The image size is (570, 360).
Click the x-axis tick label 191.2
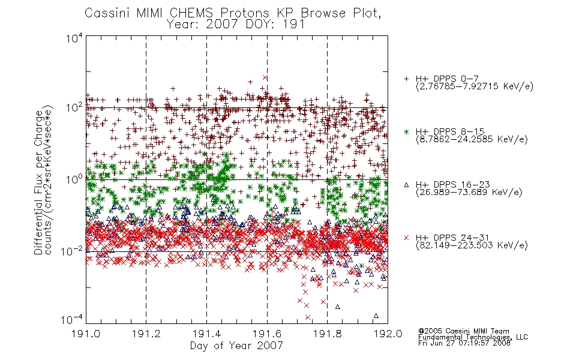pyautogui.click(x=146, y=333)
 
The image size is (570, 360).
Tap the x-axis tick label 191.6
pyautogui.click(x=267, y=333)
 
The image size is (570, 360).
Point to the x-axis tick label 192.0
pyautogui.click(x=388, y=333)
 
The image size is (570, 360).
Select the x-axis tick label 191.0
pyautogui.click(x=86, y=333)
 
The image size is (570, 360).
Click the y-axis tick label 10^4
pyautogui.click(x=74, y=38)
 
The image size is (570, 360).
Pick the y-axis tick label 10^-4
pyautogui.click(x=71, y=320)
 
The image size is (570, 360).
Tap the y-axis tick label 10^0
pyautogui.click(x=74, y=179)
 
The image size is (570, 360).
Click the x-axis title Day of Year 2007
pyautogui.click(x=236, y=345)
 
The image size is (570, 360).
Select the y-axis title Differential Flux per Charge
pyautogui.click(x=38, y=182)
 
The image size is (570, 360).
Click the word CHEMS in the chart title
pyautogui.click(x=191, y=13)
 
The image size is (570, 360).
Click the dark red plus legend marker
pyautogui.click(x=406, y=79)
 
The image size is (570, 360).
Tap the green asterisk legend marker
pyautogui.click(x=406, y=131)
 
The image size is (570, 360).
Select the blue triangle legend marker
pyautogui.click(x=406, y=185)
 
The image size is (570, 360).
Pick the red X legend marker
pyautogui.click(x=406, y=238)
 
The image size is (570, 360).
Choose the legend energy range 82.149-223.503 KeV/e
pyautogui.click(x=472, y=245)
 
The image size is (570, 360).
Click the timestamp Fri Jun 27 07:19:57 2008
pyautogui.click(x=464, y=343)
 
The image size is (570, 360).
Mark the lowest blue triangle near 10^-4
pyautogui.click(x=376, y=316)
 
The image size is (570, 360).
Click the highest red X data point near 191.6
pyautogui.click(x=265, y=77)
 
